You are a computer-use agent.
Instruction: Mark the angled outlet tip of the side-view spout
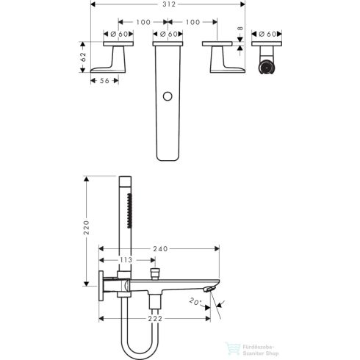tap(212, 289)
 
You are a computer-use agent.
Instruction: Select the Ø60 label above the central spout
tap(170, 34)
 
